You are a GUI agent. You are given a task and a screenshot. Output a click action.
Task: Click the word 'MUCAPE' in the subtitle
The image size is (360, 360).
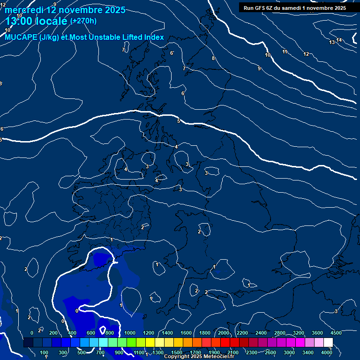pyautogui.click(x=22, y=37)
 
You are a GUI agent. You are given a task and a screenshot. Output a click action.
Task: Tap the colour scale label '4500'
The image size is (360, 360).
pyautogui.click(x=336, y=333)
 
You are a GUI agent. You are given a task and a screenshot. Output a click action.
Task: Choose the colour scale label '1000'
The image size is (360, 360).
pyautogui.click(x=130, y=333)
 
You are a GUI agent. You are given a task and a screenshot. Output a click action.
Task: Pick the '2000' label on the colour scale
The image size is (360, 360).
pyautogui.click(x=224, y=333)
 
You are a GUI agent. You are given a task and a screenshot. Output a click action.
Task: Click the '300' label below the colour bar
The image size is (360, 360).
pyautogui.click(x=62, y=352)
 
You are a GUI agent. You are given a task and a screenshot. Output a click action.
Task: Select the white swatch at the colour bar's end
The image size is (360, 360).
pyautogui.click(x=328, y=343)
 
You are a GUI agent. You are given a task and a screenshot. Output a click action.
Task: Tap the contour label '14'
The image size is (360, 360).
pyautogui.click(x=339, y=40)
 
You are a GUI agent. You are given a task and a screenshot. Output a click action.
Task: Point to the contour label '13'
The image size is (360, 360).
pyautogui.click(x=332, y=43)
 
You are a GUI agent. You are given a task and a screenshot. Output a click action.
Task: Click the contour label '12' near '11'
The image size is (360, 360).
pyautogui.click(x=306, y=54)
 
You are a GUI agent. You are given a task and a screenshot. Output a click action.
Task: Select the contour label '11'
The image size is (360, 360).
pyautogui.click(x=285, y=52)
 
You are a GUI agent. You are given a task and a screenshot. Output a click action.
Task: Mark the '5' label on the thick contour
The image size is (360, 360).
pyautogui.click(x=179, y=121)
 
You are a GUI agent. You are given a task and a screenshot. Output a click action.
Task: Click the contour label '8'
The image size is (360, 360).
pyautogui.click(x=213, y=58)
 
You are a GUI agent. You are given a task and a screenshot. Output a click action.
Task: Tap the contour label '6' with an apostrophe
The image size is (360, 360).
pyautogui.click(x=172, y=53)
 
